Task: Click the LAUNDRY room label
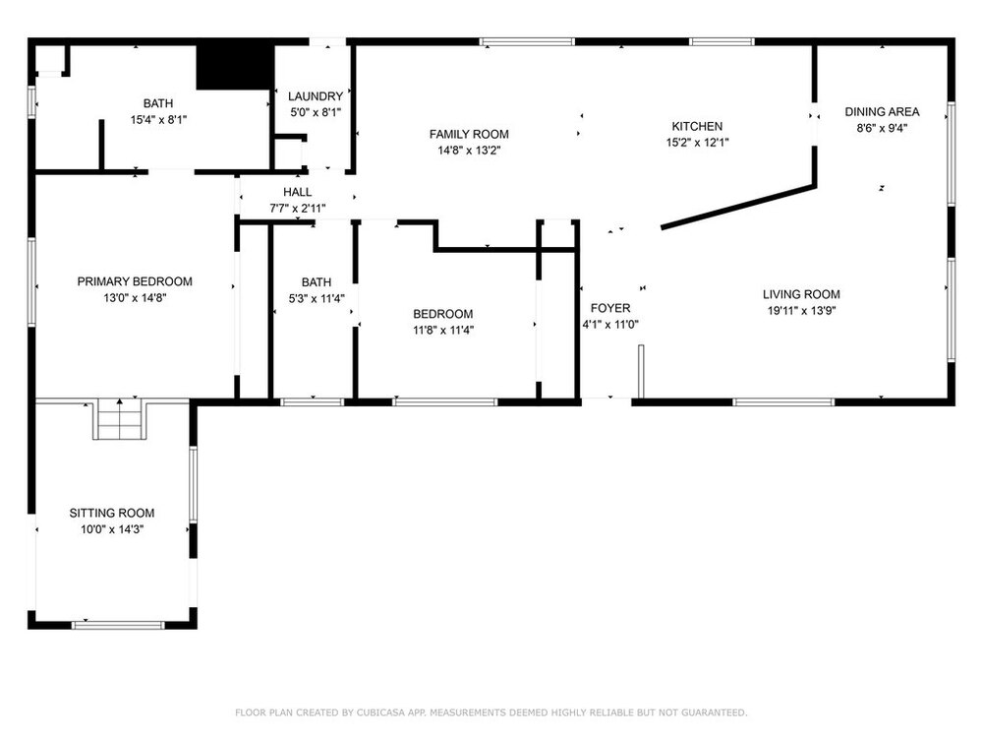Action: [316, 96]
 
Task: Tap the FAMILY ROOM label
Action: [469, 134]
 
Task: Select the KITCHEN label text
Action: [697, 126]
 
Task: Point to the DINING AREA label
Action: [882, 112]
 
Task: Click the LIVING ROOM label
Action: [801, 293]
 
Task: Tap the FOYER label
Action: [610, 308]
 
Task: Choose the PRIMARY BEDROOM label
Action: [135, 281]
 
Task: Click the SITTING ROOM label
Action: [112, 513]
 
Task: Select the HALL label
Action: [297, 192]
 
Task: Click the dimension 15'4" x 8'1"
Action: [158, 119]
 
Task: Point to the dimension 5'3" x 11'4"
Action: [317, 299]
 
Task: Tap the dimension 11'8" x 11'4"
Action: [443, 330]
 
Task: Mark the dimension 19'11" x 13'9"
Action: [802, 310]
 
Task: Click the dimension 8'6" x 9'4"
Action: [882, 128]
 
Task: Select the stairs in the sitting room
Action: [120, 419]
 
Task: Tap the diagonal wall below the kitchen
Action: [738, 206]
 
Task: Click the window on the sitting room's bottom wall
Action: [118, 625]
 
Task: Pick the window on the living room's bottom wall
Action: [783, 401]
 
